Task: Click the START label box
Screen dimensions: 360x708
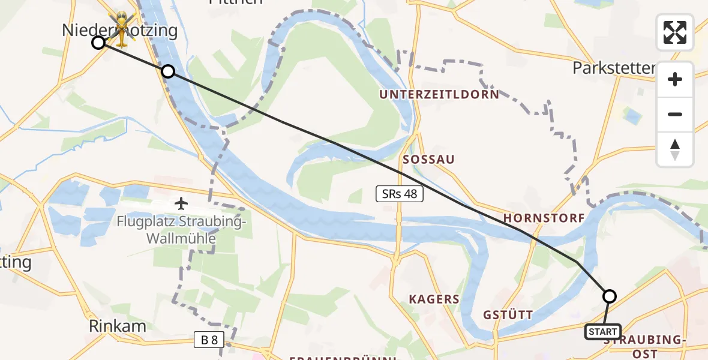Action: pyautogui.click(x=603, y=332)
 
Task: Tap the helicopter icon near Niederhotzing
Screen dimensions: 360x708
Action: pyautogui.click(x=122, y=29)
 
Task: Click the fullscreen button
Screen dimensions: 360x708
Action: pyautogui.click(x=675, y=32)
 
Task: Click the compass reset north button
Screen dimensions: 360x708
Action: pyautogui.click(x=675, y=149)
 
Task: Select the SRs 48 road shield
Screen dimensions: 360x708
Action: pyautogui.click(x=400, y=194)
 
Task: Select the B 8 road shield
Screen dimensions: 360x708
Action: pyautogui.click(x=209, y=341)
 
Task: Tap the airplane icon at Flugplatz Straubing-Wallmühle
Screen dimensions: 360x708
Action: pyautogui.click(x=181, y=203)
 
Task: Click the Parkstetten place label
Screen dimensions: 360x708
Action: pyautogui.click(x=613, y=68)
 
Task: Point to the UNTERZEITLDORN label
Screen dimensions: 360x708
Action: pyautogui.click(x=439, y=95)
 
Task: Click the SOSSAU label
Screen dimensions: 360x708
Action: pyautogui.click(x=428, y=160)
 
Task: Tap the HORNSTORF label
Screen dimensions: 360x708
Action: pyautogui.click(x=544, y=218)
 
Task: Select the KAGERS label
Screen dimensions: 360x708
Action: pyautogui.click(x=434, y=299)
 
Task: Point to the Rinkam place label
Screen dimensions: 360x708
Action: pyautogui.click(x=118, y=326)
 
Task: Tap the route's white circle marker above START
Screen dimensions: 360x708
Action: pyautogui.click(x=609, y=296)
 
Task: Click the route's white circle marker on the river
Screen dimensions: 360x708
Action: pyautogui.click(x=168, y=71)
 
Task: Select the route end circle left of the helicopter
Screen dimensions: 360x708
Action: pyautogui.click(x=98, y=43)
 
